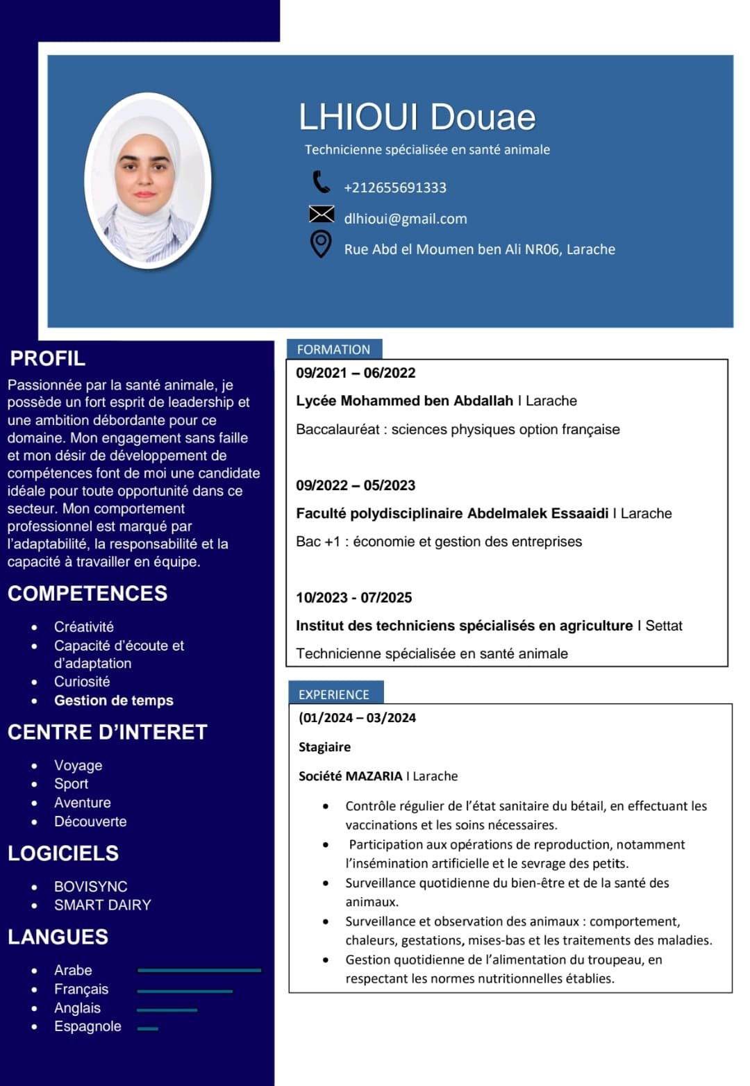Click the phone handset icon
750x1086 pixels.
(x=321, y=182)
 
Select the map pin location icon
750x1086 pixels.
(x=320, y=244)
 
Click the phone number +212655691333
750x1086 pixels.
(x=395, y=187)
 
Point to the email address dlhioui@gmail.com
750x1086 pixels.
(x=406, y=219)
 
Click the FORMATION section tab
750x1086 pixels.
(x=334, y=349)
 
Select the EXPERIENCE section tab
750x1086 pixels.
(x=335, y=694)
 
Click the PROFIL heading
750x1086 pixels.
(x=48, y=358)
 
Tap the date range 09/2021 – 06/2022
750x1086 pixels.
(x=356, y=373)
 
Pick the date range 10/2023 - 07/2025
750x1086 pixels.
(x=354, y=598)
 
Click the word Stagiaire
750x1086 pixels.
(x=325, y=747)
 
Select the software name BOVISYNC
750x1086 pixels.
(x=91, y=887)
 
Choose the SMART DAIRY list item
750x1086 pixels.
(x=103, y=905)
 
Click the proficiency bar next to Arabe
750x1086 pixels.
(x=199, y=970)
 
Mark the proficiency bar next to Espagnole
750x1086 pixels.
(x=148, y=1028)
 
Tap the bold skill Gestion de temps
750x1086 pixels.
(x=114, y=701)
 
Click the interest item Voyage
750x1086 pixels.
(x=78, y=765)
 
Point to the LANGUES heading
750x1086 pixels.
(x=58, y=937)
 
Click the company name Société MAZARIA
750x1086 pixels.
(x=351, y=776)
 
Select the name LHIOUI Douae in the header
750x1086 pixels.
(x=417, y=117)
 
